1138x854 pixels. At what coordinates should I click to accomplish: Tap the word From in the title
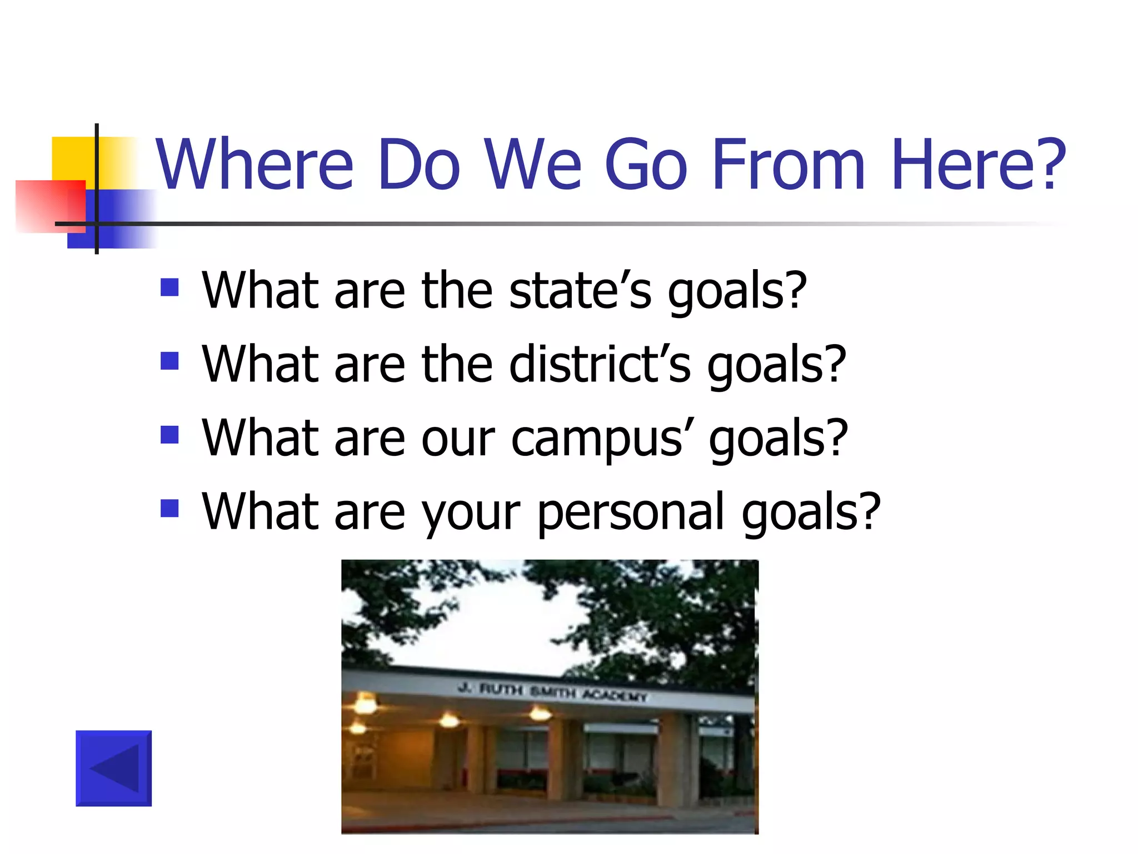788,165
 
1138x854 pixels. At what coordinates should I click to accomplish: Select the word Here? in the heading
978,165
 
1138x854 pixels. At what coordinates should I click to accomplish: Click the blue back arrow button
113,768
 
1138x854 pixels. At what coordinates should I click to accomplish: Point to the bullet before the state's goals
169,287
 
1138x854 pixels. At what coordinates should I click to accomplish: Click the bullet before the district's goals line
169,361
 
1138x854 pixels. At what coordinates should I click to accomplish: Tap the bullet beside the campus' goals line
169,435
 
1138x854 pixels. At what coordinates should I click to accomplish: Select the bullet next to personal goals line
169,508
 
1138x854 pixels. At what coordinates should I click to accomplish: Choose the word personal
631,513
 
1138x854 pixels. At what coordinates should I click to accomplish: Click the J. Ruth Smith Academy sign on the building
552,693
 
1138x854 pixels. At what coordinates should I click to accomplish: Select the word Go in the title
646,165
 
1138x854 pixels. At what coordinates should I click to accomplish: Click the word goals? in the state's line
737,292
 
